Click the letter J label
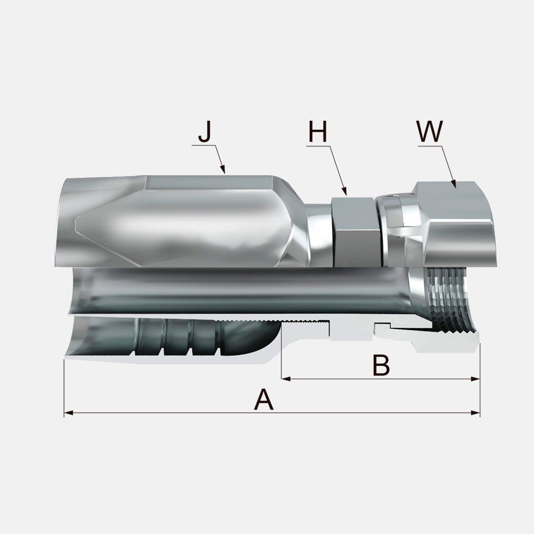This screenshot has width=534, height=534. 205,131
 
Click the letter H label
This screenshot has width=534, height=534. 318,131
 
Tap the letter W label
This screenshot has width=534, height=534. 430,131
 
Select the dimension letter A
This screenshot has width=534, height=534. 264,400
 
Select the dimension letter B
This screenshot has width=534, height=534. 381,365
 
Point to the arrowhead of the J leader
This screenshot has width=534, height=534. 223,169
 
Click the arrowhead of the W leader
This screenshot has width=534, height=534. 453,184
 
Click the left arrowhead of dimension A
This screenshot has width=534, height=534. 68,413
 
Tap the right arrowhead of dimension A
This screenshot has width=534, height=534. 475,413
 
